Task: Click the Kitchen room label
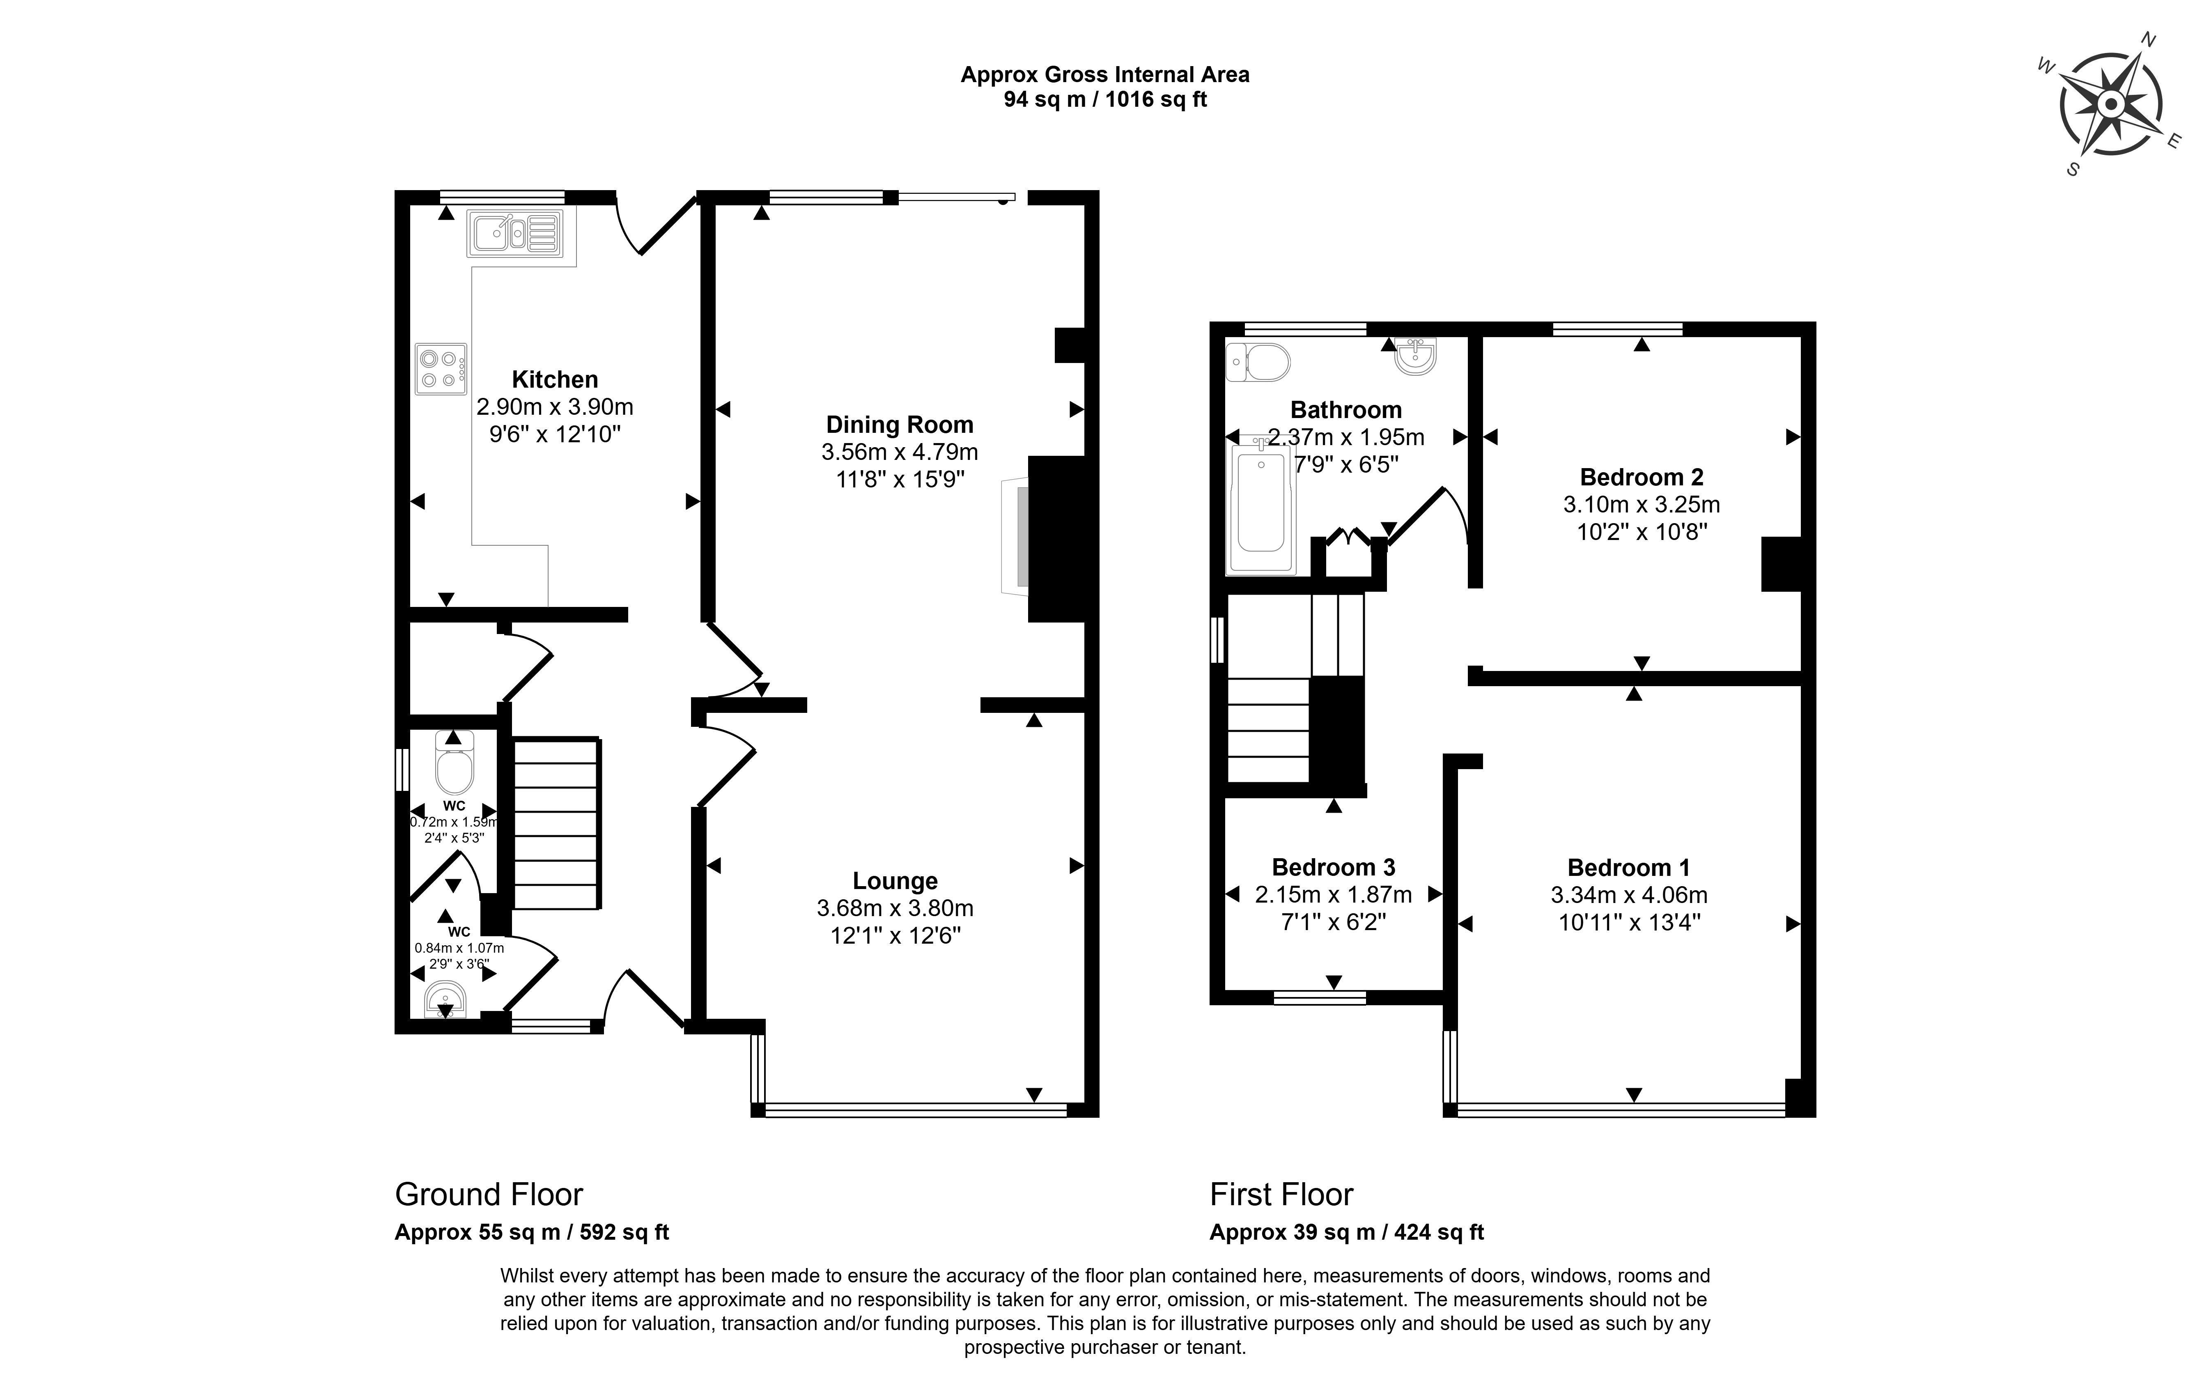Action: (x=555, y=379)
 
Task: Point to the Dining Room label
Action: (x=899, y=424)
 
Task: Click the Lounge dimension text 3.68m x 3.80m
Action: (x=894, y=908)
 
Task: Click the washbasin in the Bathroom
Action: (x=1416, y=356)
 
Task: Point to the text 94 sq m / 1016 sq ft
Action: (x=1104, y=99)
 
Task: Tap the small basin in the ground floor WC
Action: (x=445, y=999)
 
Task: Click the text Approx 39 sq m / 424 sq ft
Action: (x=1346, y=1232)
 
